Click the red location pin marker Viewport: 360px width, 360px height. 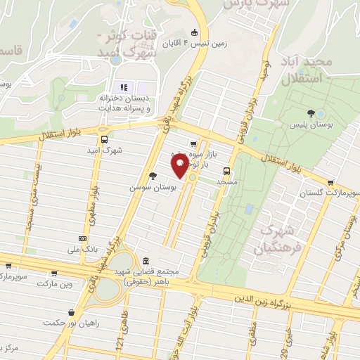point(180,166)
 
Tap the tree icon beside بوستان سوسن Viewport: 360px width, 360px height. point(153,176)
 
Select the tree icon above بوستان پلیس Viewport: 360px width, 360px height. point(321,114)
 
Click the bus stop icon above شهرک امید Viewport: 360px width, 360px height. point(104,139)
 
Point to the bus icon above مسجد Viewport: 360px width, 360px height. point(226,170)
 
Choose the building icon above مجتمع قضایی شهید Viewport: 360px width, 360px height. point(146,261)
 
